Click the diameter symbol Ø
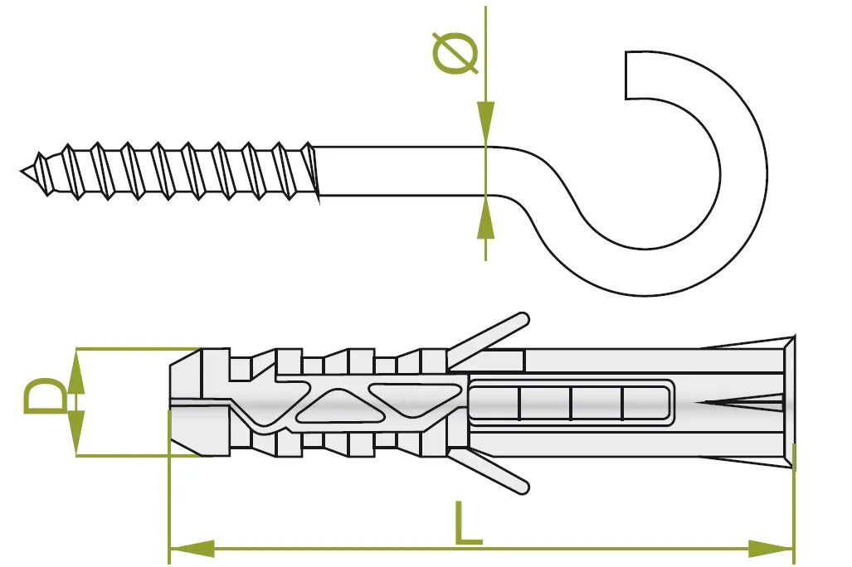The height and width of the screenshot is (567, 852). (x=455, y=55)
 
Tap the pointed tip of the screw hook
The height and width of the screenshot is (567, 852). (x=23, y=171)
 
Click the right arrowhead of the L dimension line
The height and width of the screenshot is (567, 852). (x=772, y=548)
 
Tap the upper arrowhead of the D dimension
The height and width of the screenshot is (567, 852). (x=76, y=370)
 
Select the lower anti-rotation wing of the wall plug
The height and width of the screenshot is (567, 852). (x=489, y=473)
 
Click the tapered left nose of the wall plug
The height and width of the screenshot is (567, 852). (x=184, y=402)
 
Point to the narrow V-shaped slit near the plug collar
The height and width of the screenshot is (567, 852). (x=742, y=405)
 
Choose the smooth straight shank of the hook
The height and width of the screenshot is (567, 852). (x=398, y=172)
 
